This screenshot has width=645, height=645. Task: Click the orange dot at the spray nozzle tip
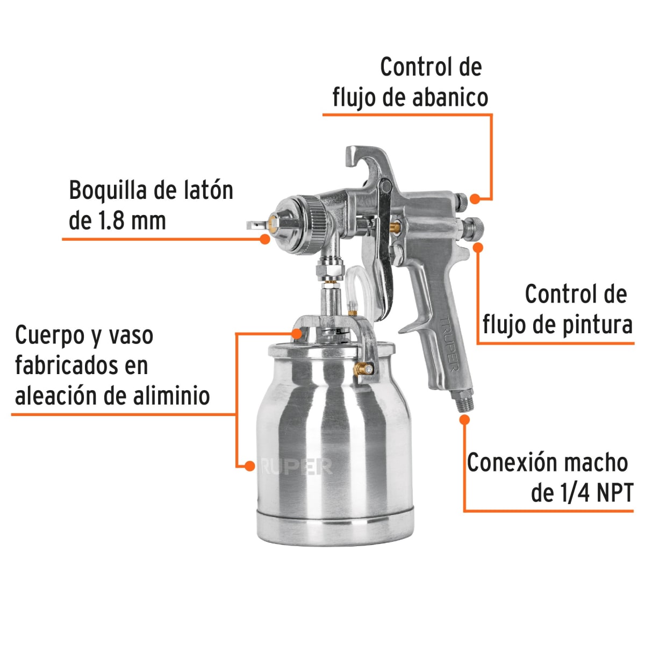point(264,239)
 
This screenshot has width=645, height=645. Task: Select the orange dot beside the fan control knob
point(475,198)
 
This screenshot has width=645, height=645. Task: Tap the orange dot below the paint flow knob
point(477,247)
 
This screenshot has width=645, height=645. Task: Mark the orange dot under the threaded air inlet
point(464,419)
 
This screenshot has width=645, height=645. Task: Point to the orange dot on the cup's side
point(249,466)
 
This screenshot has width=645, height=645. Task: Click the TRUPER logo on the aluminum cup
point(296,467)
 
